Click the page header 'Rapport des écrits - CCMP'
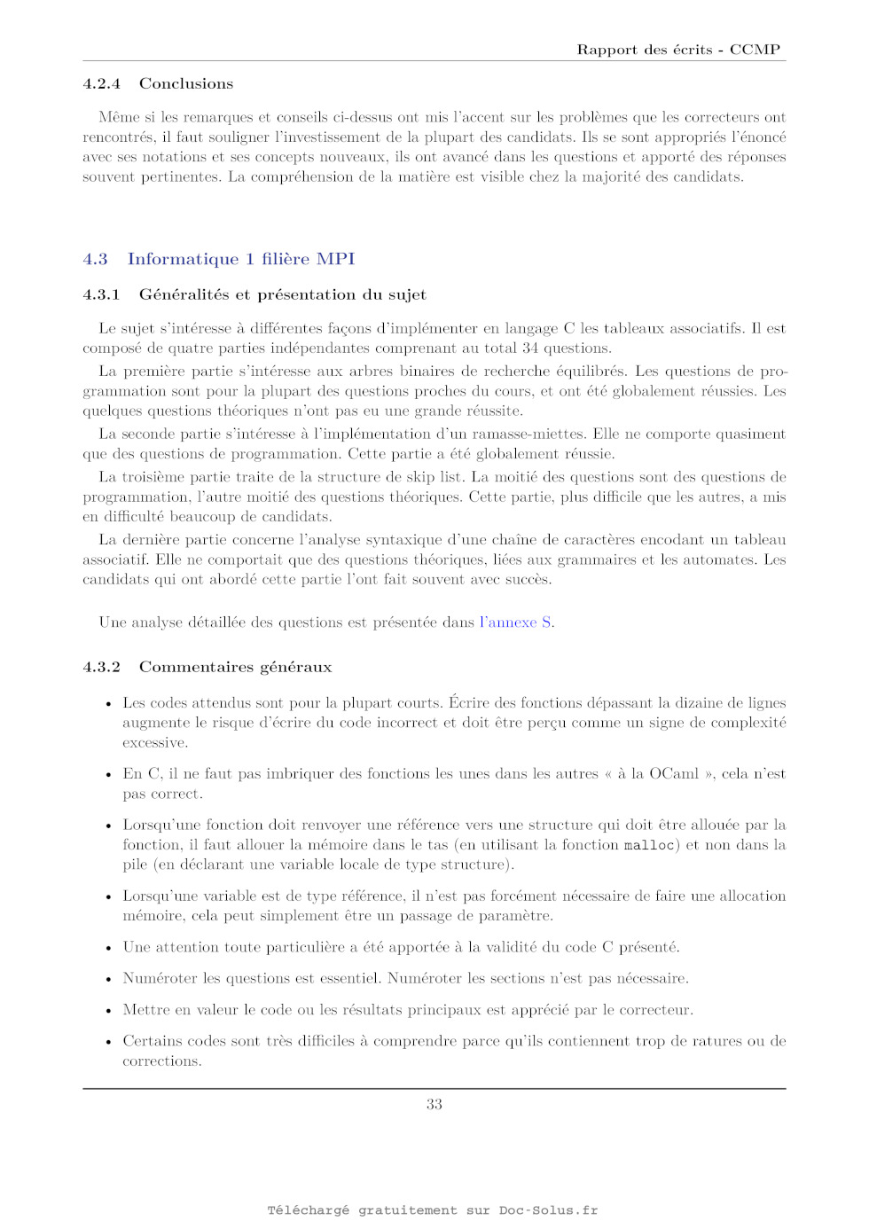pyautogui.click(x=678, y=50)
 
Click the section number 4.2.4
pyautogui.click(x=101, y=84)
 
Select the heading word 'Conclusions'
pyautogui.click(x=186, y=84)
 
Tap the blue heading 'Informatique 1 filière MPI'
pyautogui.click(x=241, y=259)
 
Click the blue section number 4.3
pyautogui.click(x=95, y=259)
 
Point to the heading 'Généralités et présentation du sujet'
pyautogui.click(x=282, y=294)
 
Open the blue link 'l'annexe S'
pyautogui.click(x=516, y=622)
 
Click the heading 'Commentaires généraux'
pyautogui.click(x=235, y=667)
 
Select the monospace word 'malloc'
pyautogui.click(x=649, y=846)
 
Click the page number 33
pyautogui.click(x=434, y=1104)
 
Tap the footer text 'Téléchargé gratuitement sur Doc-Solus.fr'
pyautogui.click(x=433, y=1210)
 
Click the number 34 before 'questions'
pyautogui.click(x=530, y=348)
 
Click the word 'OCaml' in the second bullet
pyautogui.click(x=674, y=774)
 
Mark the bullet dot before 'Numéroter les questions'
pyautogui.click(x=108, y=979)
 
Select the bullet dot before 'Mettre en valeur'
pyautogui.click(x=108, y=1011)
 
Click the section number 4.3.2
pyautogui.click(x=101, y=667)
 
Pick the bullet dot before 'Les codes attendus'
pyautogui.click(x=108, y=704)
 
